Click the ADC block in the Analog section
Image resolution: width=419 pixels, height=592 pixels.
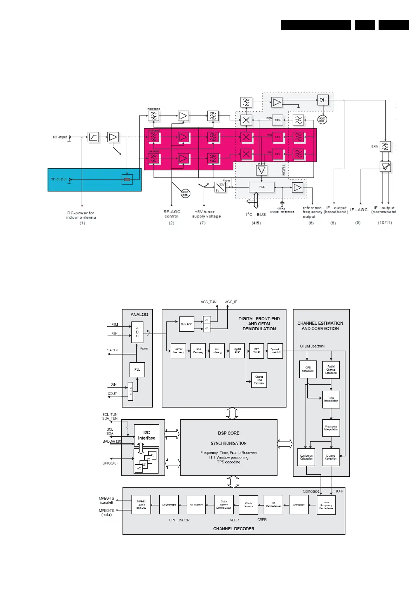tap(137, 332)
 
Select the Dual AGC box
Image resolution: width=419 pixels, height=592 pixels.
tap(186, 324)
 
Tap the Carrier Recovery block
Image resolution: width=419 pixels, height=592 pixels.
tap(178, 351)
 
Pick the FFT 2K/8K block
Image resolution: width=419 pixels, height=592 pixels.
tap(256, 351)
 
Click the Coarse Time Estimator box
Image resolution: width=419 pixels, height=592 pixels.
tap(259, 380)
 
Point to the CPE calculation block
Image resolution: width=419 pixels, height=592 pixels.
tap(308, 369)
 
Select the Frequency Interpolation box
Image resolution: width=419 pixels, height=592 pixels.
tap(331, 428)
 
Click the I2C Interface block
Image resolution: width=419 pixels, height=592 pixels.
tap(147, 435)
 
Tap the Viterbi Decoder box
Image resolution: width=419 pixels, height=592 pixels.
tap(248, 505)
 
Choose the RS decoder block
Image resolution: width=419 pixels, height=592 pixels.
tap(196, 505)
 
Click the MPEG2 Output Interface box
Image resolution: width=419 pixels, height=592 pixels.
tap(141, 505)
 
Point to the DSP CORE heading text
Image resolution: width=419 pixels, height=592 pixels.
tap(228, 433)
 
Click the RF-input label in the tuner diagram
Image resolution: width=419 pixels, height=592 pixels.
tap(60, 137)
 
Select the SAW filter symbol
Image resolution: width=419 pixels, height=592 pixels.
tap(385, 146)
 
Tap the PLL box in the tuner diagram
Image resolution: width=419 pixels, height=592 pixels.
tap(262, 187)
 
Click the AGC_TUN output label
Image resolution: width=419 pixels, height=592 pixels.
tap(208, 302)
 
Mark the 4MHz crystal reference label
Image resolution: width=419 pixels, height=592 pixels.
tap(282, 210)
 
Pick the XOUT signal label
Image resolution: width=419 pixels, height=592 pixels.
tap(112, 394)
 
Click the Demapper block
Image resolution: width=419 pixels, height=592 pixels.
tap(298, 505)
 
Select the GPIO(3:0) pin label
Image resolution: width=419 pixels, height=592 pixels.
tap(110, 463)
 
